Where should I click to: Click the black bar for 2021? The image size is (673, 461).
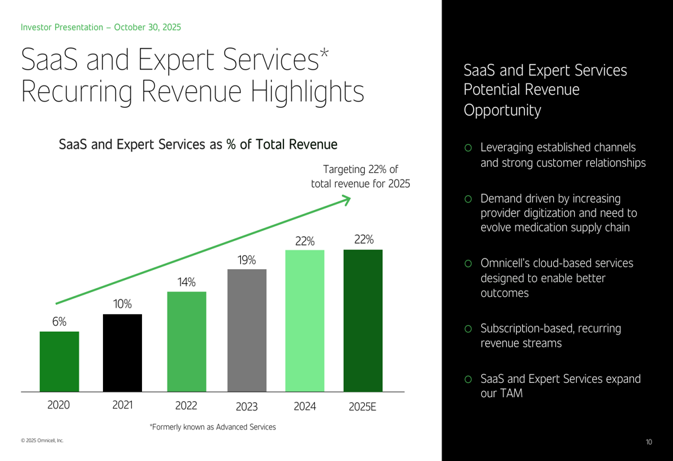point(122,353)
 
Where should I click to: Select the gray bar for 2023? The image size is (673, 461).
point(247,330)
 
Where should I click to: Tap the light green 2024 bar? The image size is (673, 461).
point(305,320)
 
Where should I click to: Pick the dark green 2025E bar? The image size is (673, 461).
point(363,320)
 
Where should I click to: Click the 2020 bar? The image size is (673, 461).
point(59,361)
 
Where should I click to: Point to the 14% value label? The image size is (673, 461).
point(186,283)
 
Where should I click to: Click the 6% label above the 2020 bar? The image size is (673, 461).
point(59,322)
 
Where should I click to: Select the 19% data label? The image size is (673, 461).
point(247,260)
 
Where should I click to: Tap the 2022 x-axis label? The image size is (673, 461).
point(186,406)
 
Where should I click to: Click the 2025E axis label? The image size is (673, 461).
point(363,406)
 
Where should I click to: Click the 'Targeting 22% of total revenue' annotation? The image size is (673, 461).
point(360,176)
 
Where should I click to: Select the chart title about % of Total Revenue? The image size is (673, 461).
point(198,144)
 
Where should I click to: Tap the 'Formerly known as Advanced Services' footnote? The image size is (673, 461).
point(212,427)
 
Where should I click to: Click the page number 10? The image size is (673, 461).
point(649,442)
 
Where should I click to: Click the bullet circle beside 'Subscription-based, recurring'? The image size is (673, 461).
point(468,330)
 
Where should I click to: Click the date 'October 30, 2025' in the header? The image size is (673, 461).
point(147,28)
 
